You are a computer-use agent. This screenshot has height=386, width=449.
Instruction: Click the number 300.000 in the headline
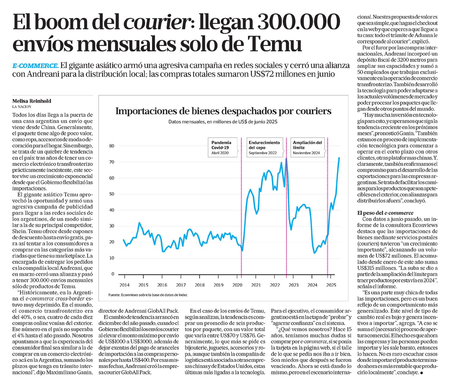(x=299, y=23)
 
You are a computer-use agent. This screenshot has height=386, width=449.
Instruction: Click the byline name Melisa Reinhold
(x=32, y=101)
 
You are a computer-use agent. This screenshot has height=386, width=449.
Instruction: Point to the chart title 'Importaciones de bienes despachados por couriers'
(x=223, y=111)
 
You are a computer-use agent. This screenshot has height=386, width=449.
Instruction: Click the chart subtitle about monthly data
(x=223, y=122)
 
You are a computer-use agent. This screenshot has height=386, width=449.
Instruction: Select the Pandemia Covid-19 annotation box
(x=223, y=147)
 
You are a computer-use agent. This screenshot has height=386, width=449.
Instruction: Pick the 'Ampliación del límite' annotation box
(x=308, y=147)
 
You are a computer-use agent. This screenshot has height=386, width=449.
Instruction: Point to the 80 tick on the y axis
(x=112, y=146)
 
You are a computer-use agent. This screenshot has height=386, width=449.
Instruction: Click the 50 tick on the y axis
(x=112, y=194)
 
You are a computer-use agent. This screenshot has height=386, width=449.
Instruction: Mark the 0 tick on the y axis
(x=113, y=274)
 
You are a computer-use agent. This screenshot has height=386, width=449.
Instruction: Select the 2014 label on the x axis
(x=124, y=285)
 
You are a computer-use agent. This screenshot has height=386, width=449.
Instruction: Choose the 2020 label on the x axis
(x=237, y=285)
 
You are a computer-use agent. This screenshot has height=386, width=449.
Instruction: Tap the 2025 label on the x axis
(x=331, y=285)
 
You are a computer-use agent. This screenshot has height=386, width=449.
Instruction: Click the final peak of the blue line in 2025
(x=339, y=158)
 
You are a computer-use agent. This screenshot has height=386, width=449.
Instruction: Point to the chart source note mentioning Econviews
(x=148, y=295)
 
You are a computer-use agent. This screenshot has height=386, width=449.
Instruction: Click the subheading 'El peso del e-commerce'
(x=385, y=213)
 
